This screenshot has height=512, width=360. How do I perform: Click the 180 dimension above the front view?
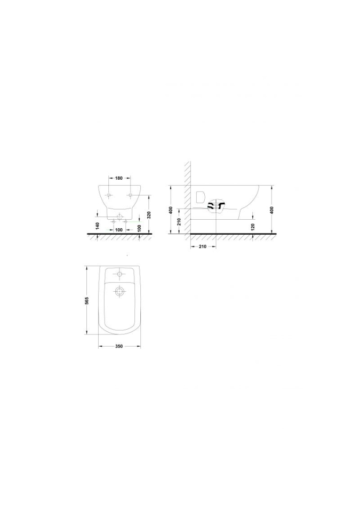point(119,178)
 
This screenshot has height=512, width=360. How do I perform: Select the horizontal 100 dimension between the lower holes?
point(119,230)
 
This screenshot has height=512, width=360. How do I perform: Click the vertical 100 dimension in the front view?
point(140,228)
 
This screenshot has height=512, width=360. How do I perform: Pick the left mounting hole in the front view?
point(109,195)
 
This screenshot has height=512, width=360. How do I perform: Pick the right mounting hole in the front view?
point(130,195)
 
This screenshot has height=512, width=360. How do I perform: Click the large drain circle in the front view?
point(119,217)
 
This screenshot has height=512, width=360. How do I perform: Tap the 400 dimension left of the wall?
point(170,210)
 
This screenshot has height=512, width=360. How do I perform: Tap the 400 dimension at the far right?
point(272,210)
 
